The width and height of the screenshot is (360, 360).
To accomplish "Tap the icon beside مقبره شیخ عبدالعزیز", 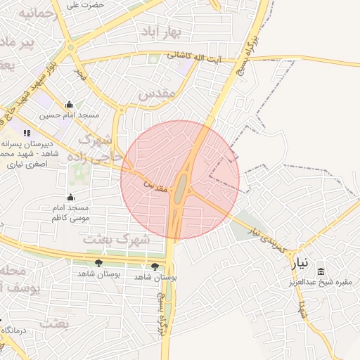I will (321, 272).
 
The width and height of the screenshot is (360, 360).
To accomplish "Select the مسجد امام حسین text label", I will (70, 115).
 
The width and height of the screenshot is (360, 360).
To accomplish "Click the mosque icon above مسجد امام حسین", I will (69, 104).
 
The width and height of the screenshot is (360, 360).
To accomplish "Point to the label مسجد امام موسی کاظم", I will (70, 213).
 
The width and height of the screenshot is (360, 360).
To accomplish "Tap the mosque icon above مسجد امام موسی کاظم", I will (70, 198).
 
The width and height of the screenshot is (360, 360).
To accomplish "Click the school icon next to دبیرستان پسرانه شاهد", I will (27, 132).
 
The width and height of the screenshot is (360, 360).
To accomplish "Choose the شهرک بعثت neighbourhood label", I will (116, 239).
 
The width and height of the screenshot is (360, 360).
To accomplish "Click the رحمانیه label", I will (34, 13).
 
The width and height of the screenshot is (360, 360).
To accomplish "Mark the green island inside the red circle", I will (181, 186).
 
